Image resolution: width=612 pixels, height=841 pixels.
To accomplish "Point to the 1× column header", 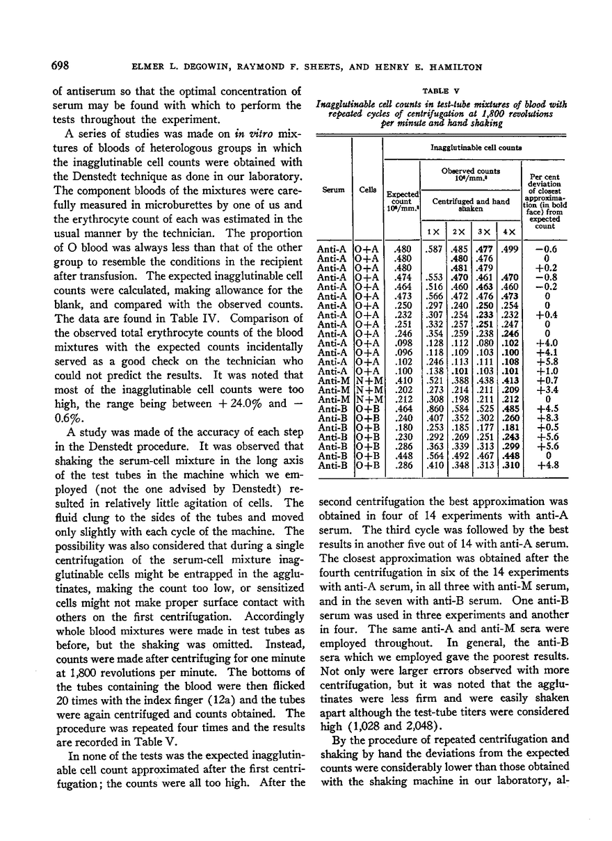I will click(x=434, y=231).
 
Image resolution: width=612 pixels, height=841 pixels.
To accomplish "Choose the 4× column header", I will click(x=509, y=231).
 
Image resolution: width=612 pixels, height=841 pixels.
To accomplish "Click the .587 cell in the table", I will click(x=434, y=248).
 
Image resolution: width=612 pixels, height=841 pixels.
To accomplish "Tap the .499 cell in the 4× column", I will click(x=509, y=248).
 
